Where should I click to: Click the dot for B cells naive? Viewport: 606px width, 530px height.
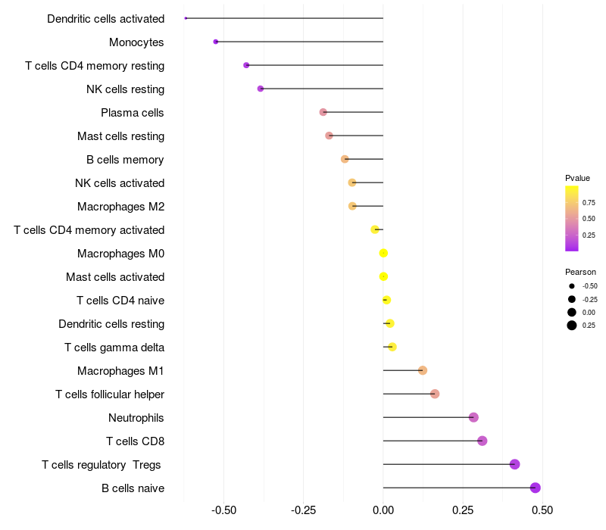click(536, 488)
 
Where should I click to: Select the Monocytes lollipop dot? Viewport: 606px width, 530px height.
click(216, 42)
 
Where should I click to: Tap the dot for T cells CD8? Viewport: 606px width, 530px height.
click(482, 441)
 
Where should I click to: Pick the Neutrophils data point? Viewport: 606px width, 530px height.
click(473, 417)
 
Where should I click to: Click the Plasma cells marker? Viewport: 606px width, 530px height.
click(323, 112)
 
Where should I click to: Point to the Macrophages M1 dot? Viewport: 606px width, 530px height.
click(423, 370)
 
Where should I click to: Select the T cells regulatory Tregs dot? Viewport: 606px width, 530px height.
click(515, 464)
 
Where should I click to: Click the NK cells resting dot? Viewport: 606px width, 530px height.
click(261, 89)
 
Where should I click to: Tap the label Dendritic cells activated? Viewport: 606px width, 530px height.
click(105, 18)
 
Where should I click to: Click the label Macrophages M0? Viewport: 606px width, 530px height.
click(120, 253)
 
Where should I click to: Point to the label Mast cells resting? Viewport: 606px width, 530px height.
click(120, 136)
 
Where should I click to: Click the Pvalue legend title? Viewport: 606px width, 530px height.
click(577, 178)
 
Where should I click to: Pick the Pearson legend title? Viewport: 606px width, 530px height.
click(580, 272)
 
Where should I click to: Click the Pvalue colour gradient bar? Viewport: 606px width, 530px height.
click(572, 218)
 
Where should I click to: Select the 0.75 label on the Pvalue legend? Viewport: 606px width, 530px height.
click(589, 202)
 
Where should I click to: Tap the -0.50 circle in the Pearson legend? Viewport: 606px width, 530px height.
click(572, 286)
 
